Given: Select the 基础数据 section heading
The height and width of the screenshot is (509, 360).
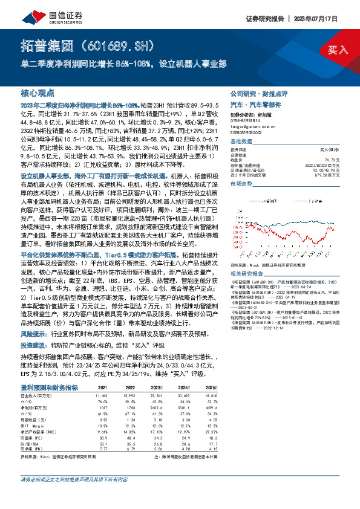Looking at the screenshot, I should coord(241,140).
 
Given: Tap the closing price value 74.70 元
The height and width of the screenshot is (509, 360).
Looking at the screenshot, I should coord(330,159).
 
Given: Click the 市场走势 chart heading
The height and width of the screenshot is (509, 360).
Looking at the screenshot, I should coord(241,182).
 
